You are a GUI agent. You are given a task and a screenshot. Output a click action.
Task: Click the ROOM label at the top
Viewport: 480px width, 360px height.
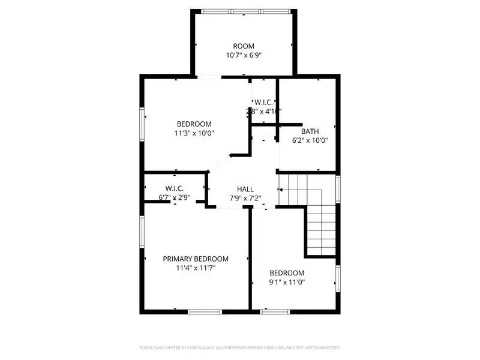[244, 46]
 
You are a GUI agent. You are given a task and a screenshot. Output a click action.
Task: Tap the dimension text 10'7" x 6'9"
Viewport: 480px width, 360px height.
[244, 55]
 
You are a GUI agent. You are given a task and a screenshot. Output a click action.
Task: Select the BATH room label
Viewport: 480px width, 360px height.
[310, 131]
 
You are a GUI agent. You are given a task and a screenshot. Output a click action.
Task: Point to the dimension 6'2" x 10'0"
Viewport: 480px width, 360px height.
[310, 140]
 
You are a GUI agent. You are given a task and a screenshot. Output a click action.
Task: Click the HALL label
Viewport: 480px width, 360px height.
[245, 188]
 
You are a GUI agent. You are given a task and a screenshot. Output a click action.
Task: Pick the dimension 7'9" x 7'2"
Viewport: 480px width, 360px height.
[245, 197]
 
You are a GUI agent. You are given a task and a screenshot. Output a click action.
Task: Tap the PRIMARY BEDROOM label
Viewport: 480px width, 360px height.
[196, 259]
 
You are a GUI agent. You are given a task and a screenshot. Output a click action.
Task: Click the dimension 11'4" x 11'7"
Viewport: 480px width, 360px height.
[196, 268]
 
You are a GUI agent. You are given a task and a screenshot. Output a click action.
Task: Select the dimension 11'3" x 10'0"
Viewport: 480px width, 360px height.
[194, 133]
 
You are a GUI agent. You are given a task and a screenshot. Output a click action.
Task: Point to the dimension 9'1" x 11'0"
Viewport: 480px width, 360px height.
[286, 282]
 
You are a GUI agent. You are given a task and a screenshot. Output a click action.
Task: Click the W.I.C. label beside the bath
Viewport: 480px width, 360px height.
[263, 101]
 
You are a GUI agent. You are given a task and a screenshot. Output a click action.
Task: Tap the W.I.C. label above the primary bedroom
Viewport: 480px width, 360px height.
[175, 188]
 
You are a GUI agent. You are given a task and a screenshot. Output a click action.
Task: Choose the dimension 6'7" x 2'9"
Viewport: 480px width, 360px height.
[175, 197]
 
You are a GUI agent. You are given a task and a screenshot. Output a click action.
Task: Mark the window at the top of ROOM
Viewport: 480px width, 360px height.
[245, 11]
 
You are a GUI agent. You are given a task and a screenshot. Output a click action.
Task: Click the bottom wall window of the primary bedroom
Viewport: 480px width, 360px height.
[205, 311]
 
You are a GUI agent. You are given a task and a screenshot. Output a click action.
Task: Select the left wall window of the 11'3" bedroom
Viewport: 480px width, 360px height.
[142, 126]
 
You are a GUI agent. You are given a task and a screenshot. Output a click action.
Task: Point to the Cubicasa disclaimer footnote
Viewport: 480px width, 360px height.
[240, 347]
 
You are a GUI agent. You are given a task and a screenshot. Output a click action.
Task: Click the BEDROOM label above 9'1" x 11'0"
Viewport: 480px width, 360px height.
[286, 273]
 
